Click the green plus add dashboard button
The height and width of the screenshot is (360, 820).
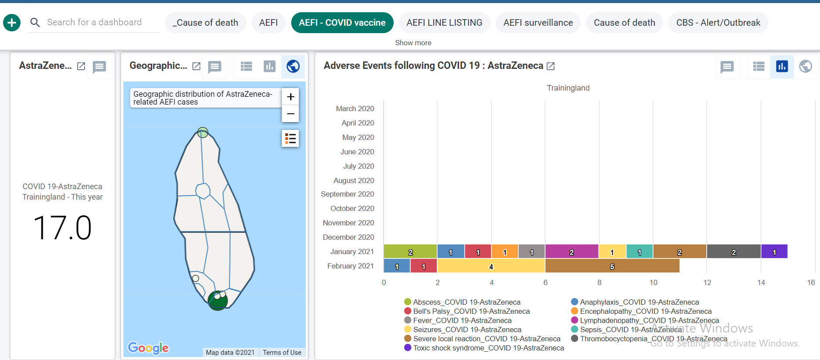[12, 22]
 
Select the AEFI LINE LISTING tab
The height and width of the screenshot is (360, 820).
[444, 23]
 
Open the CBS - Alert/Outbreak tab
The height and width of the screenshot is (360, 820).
[718, 23]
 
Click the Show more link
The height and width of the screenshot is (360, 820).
[413, 43]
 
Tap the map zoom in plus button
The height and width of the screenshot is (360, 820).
[291, 96]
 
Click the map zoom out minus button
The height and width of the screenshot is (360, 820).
[291, 114]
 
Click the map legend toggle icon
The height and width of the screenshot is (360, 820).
[291, 139]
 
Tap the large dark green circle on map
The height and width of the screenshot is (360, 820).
[218, 300]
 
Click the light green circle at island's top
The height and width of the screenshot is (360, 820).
[203, 132]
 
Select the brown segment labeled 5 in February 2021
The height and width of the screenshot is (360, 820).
[612, 266]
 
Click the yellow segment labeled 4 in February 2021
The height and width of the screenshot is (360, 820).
[491, 266]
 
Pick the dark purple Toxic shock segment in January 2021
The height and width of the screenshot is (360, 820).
[774, 251]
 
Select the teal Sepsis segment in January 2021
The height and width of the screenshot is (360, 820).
[640, 251]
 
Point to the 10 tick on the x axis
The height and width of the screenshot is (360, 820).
[653, 282]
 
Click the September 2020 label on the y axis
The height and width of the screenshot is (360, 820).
[347, 194]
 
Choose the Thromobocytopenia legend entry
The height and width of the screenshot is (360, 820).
[649, 339]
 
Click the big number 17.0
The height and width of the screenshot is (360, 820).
[62, 228]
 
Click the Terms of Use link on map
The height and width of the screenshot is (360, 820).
[282, 352]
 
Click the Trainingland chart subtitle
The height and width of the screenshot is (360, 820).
[568, 88]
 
